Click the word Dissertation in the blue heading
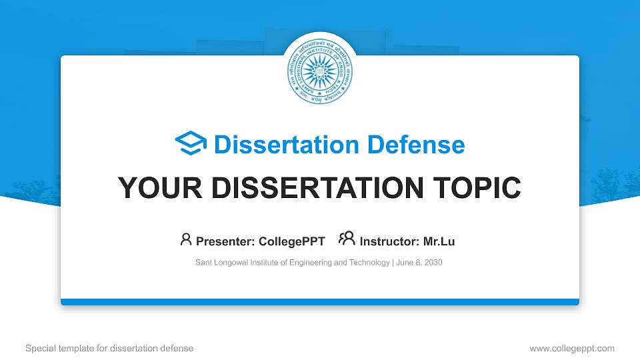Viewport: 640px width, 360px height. [x=278, y=145]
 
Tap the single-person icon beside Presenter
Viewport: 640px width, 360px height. [x=186, y=239]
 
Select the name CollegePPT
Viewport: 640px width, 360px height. [x=293, y=241]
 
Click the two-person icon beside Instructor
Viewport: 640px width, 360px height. [x=347, y=239]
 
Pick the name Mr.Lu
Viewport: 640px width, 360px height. [x=439, y=241]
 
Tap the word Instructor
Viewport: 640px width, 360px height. [x=389, y=241]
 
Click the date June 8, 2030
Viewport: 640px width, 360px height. [x=419, y=263]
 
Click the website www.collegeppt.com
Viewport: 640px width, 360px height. [x=572, y=348]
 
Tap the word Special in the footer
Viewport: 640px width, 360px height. [x=39, y=348]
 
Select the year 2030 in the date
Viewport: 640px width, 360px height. [x=432, y=263]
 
